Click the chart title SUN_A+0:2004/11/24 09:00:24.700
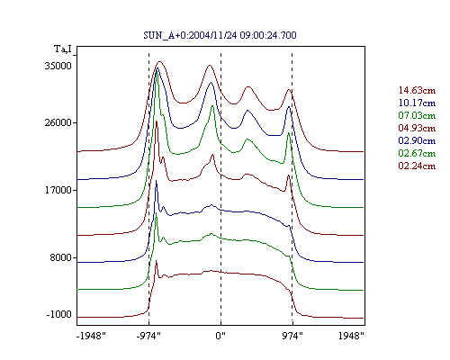(x=220, y=35)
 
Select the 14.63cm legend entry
(x=417, y=90)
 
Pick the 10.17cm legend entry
(x=417, y=103)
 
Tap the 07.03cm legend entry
(x=417, y=115)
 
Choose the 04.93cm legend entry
(x=417, y=128)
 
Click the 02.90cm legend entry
(x=417, y=140)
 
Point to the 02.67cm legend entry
(x=417, y=153)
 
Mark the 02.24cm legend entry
(x=417, y=166)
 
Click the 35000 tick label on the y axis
(x=58, y=66)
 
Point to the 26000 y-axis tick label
(x=58, y=122)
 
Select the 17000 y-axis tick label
(x=58, y=190)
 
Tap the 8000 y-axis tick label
(x=61, y=257)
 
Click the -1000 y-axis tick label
(x=59, y=314)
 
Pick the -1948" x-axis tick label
(x=91, y=336)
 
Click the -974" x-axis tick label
(x=148, y=336)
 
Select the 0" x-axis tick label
(x=220, y=336)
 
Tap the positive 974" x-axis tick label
(x=292, y=336)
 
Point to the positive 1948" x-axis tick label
(x=351, y=336)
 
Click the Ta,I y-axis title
(x=63, y=49)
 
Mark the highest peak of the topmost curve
(x=159, y=62)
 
